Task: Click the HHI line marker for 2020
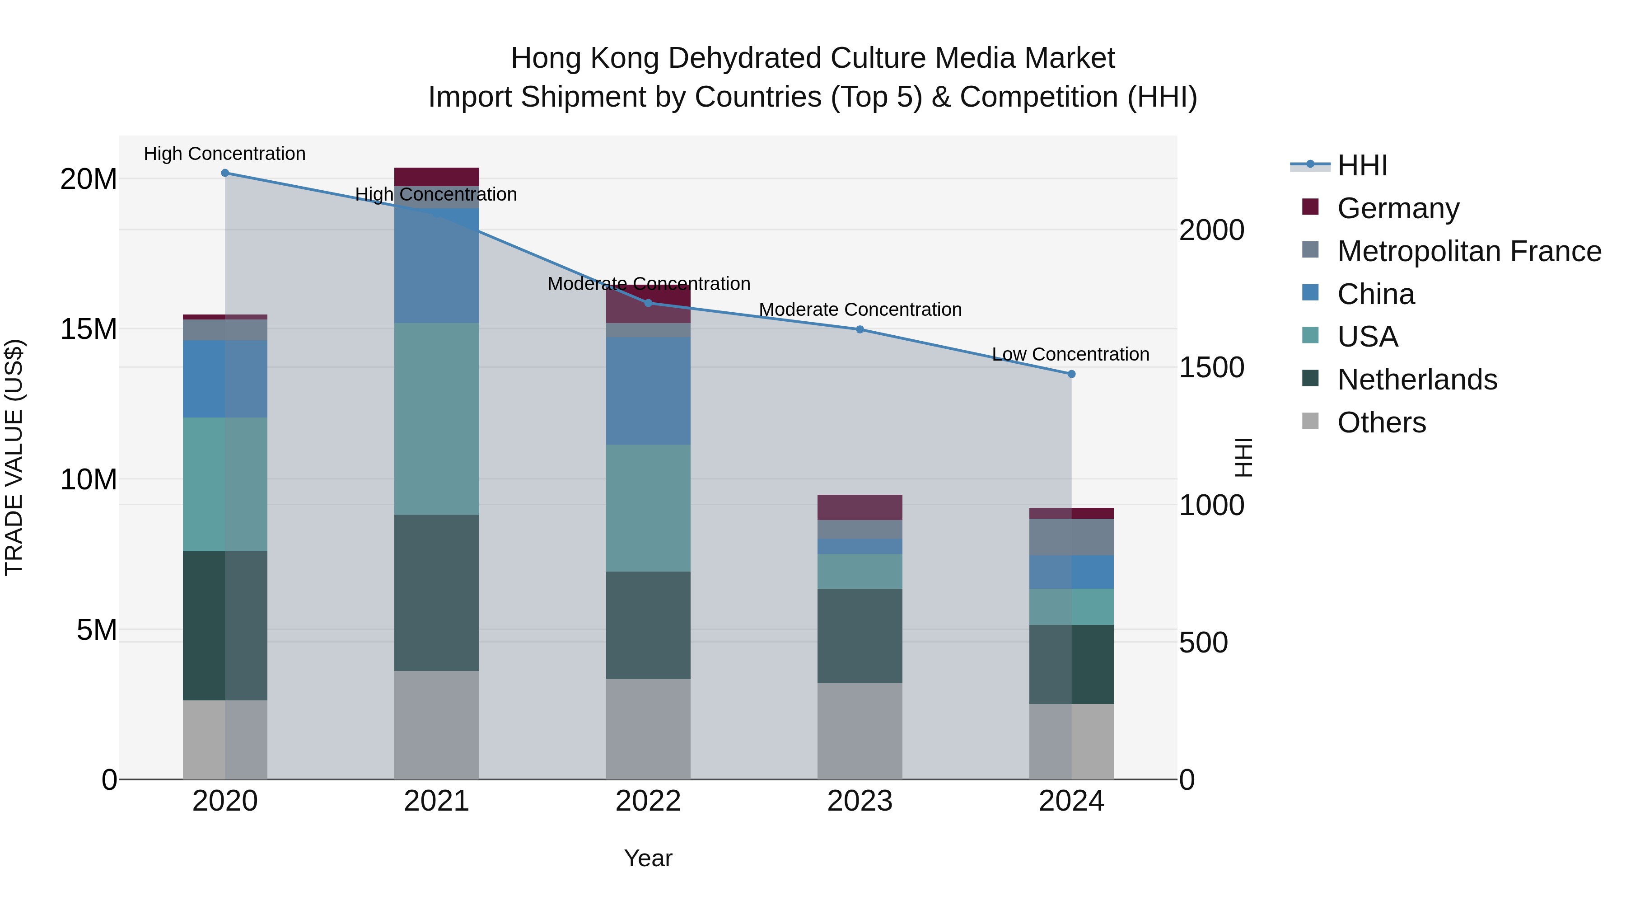pyautogui.click(x=225, y=173)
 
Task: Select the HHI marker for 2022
pyautogui.click(x=648, y=303)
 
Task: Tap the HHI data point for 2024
pyautogui.click(x=1071, y=374)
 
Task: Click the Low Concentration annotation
pyautogui.click(x=1070, y=354)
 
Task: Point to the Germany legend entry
pyautogui.click(x=1398, y=208)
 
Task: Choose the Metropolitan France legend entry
pyautogui.click(x=1469, y=251)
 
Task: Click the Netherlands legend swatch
pyautogui.click(x=1310, y=379)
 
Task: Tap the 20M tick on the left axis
pyautogui.click(x=89, y=179)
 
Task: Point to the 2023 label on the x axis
pyautogui.click(x=859, y=801)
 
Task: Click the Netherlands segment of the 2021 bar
pyautogui.click(x=437, y=592)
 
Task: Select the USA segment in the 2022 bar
pyautogui.click(x=648, y=508)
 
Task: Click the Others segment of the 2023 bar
pyautogui.click(x=860, y=731)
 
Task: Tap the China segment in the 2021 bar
pyautogui.click(x=437, y=265)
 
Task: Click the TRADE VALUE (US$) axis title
pyautogui.click(x=14, y=457)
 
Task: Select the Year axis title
pyautogui.click(x=648, y=858)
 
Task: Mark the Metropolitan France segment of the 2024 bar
pyautogui.click(x=1071, y=537)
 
